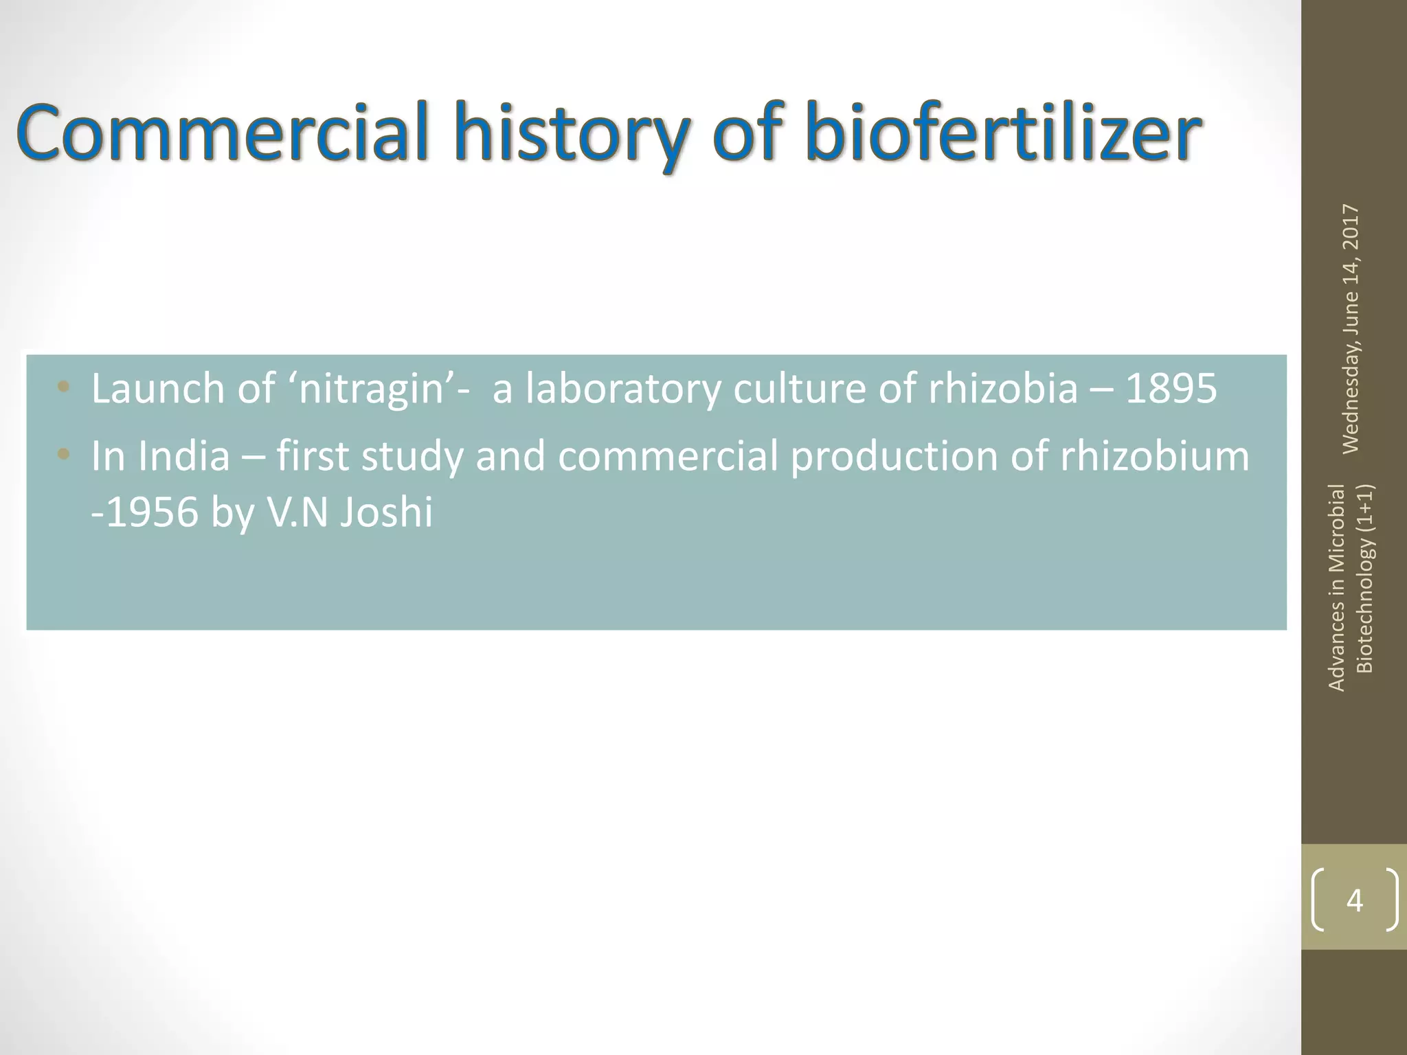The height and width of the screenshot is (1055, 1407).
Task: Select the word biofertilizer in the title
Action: pos(1004,132)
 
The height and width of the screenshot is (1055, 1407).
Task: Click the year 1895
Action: pos(1171,388)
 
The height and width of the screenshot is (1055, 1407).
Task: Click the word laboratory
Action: pos(623,389)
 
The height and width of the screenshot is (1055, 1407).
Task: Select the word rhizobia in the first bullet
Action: pos(1003,388)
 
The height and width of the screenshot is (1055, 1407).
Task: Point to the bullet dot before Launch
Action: pos(64,386)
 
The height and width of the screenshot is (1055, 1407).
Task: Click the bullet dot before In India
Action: pos(64,453)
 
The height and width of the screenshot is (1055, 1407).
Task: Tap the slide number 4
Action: pos(1354,900)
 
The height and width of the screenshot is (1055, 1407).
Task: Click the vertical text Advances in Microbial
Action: pos(1336,587)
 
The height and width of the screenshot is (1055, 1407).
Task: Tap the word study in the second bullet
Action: pos(413,457)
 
